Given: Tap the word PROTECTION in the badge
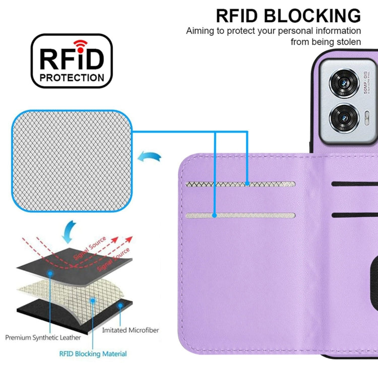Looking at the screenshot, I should click(72, 78).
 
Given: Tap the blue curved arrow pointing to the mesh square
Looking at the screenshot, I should click(150, 157).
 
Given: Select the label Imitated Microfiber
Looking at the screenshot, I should click(130, 330).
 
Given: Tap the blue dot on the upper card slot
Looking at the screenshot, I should click(247, 184).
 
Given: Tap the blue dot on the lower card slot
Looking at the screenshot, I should click(215, 216).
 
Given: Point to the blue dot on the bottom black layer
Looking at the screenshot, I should click(120, 305).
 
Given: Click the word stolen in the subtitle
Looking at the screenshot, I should click(347, 42).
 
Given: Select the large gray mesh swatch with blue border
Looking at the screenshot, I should click(72, 162).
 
